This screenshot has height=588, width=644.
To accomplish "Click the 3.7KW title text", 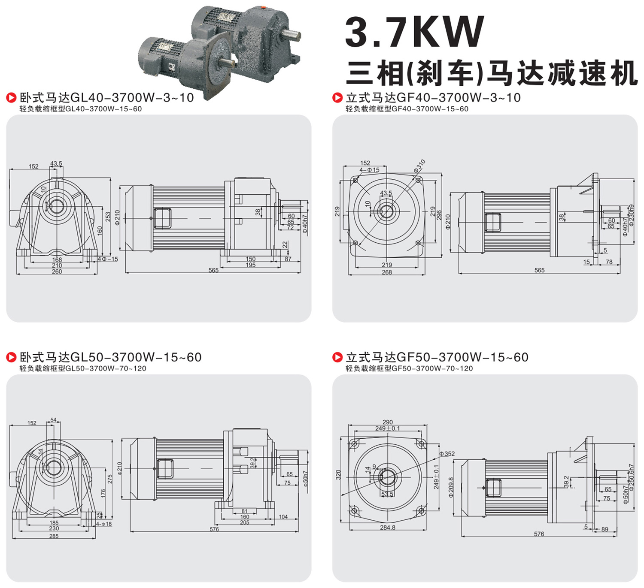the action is pos(414,32).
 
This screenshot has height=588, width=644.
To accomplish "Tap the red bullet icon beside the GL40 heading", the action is pos(11,97).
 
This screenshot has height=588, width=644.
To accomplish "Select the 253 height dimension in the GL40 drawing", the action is pos(108,216).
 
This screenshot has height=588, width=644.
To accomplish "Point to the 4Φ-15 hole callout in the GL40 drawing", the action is pos(108,259).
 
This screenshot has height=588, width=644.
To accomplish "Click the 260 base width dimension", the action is pos(57,271).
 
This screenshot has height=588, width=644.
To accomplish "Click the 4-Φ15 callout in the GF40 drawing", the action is pos(369,170).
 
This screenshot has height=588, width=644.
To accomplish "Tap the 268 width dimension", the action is pos(386,272).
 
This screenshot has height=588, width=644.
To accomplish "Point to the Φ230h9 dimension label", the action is pos(632,215).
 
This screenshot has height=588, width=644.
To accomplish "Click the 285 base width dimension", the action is pos(54,536).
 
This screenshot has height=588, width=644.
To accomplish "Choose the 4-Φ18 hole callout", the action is pos(104,524).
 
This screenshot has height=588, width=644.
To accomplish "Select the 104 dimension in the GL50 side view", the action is pos(283,516).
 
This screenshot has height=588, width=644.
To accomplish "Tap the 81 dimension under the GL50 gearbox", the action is pos(244,511).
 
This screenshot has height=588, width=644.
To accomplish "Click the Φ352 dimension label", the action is pos(447,453).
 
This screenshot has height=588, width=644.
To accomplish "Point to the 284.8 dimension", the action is pos(388,528).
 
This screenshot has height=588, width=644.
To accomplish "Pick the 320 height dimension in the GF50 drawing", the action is pos(338,475).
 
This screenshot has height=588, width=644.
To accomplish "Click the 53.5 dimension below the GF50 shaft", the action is pos(387,494).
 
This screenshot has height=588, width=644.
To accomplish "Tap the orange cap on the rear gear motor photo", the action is pos(263,7).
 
